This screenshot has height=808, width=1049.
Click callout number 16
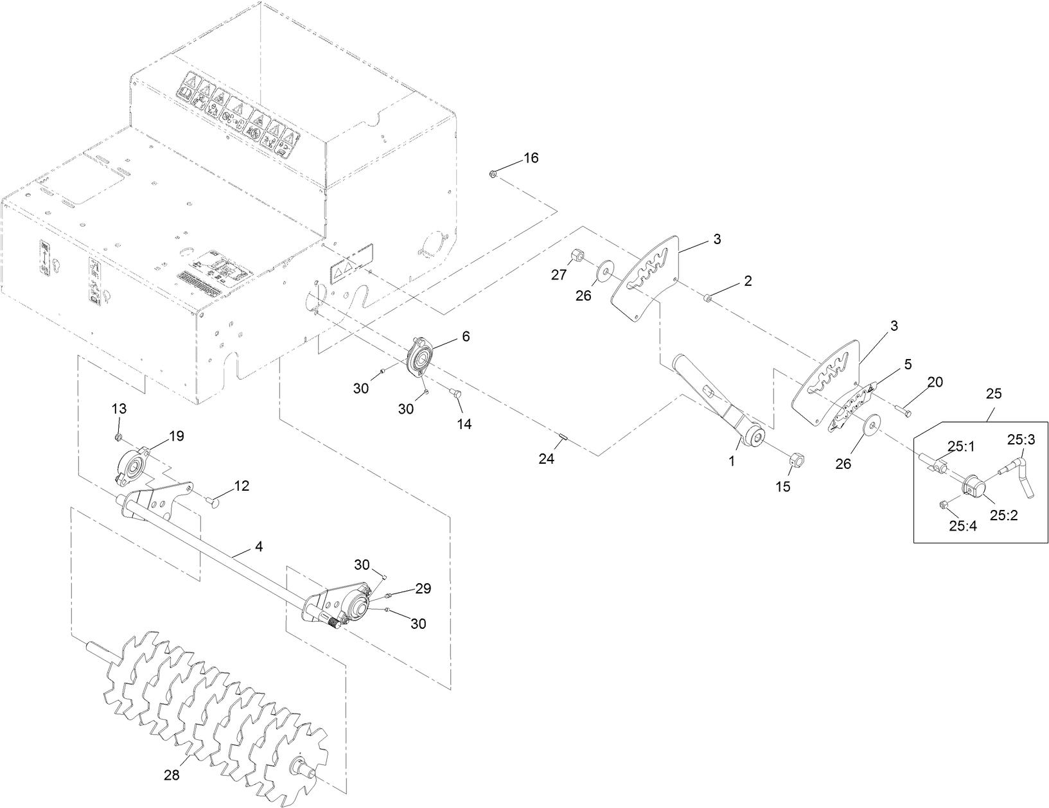531,158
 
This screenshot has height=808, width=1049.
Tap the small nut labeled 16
493,173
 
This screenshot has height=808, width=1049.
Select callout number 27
559,274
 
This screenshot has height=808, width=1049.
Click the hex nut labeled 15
794,460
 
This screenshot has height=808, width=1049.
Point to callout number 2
748,281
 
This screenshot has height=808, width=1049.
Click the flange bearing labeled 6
421,357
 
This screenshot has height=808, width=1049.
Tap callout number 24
546,459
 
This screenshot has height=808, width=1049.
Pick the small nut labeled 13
119,437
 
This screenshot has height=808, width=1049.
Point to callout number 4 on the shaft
258,547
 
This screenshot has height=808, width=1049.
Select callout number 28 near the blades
172,775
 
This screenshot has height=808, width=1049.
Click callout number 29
423,588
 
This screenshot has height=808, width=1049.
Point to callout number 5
907,364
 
